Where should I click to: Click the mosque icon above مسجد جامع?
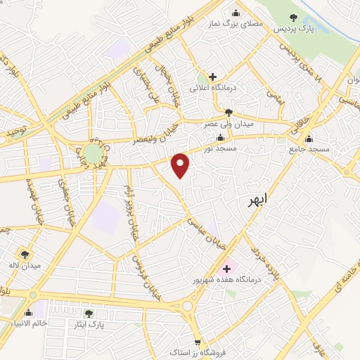click(309, 138)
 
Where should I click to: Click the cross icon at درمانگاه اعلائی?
click(213, 77)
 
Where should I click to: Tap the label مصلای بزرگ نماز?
click(235, 23)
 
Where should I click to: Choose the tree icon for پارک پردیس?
click(294, 18)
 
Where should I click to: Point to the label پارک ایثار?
click(88, 325)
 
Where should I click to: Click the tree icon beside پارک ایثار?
click(88, 314)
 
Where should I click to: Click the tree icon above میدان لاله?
click(26, 255)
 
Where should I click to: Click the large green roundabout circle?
click(93, 153)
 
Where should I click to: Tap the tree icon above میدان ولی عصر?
click(228, 112)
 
